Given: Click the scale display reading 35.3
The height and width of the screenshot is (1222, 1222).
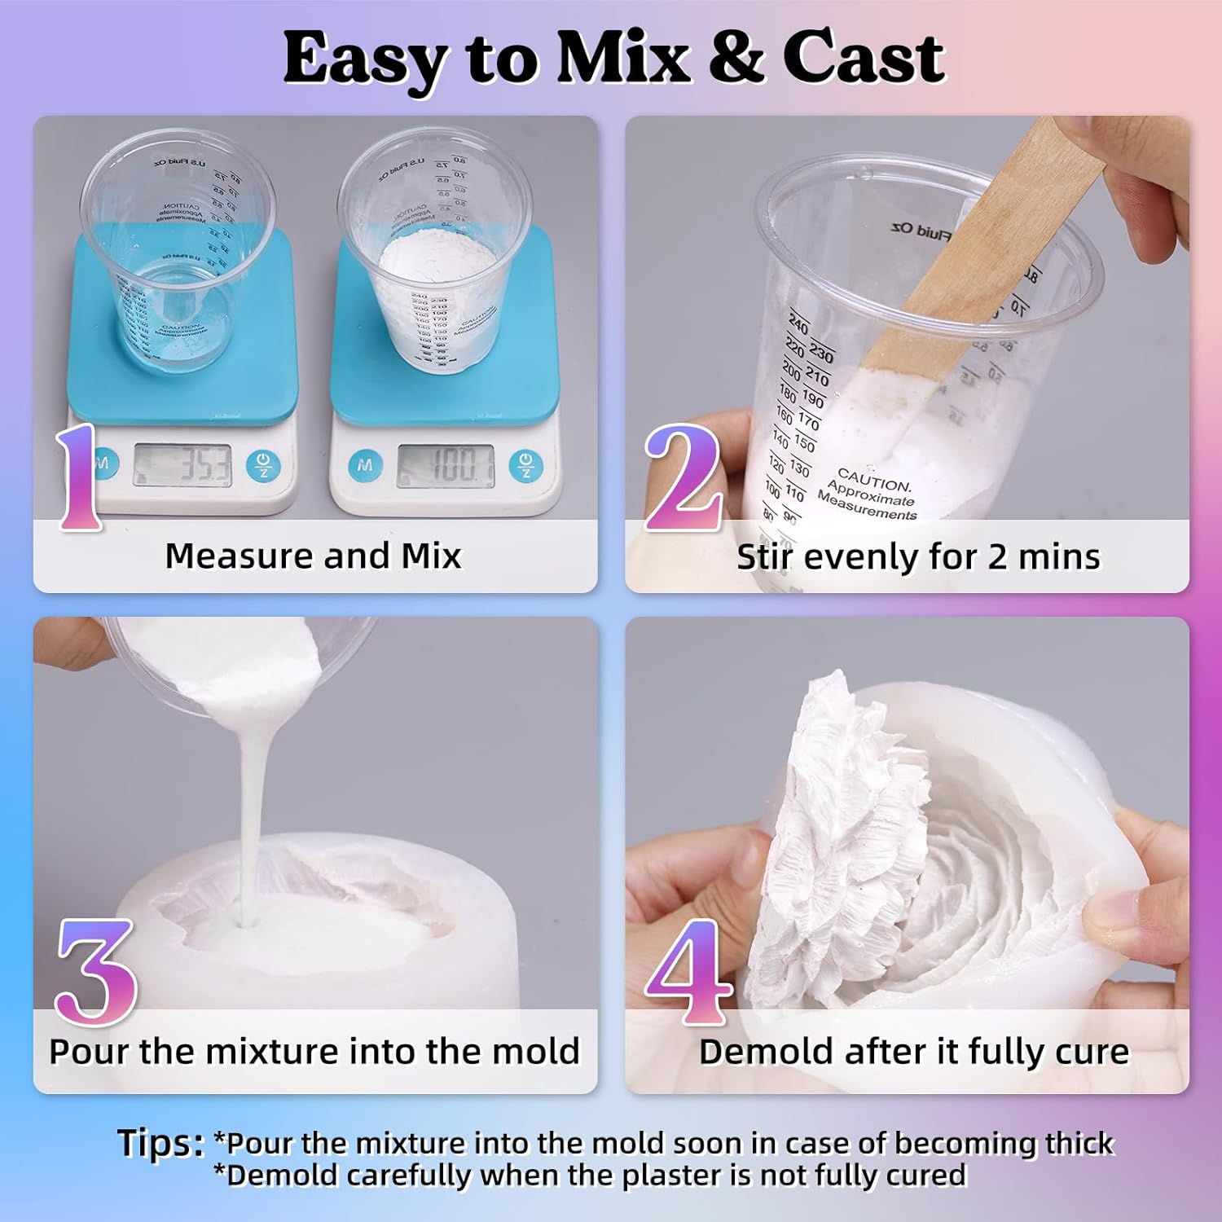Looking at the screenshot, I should (x=182, y=466).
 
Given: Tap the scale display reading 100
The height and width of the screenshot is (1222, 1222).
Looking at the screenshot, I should (x=446, y=466).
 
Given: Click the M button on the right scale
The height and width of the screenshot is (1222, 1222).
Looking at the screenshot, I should (x=365, y=465).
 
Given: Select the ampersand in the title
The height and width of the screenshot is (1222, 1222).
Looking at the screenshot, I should (x=736, y=59).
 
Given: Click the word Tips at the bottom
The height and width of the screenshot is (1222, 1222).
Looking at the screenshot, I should (x=160, y=1143).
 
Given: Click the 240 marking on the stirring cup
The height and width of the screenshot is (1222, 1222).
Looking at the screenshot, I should (x=798, y=326).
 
